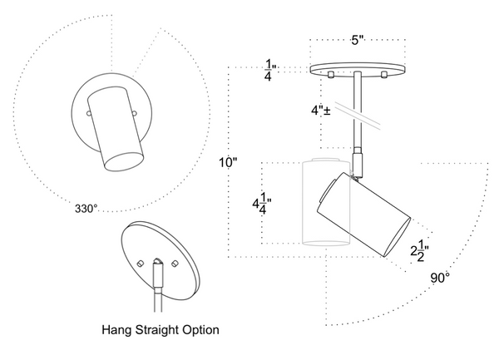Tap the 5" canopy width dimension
click(x=357, y=39)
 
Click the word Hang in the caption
click(x=116, y=330)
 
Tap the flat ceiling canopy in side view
click(x=358, y=69)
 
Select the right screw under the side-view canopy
click(x=384, y=76)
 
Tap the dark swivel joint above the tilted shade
click(x=358, y=163)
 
